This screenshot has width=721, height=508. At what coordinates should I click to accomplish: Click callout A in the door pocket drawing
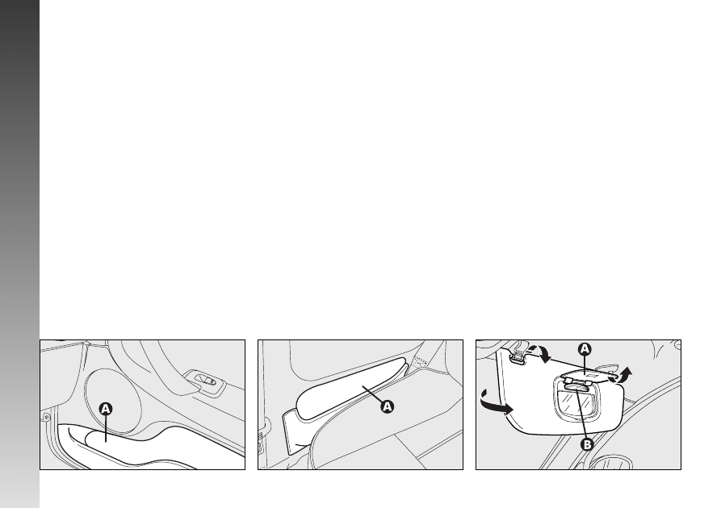coord(106,409)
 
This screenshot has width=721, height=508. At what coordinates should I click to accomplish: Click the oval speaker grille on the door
coord(113,401)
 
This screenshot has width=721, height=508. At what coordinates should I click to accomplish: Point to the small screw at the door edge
coord(46,417)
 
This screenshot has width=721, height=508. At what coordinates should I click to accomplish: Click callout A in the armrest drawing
coord(388,406)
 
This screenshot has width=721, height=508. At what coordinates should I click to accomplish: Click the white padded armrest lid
coord(352,388)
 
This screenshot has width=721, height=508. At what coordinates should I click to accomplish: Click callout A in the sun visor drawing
coord(585,349)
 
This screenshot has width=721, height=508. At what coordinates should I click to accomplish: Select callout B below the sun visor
coord(587,444)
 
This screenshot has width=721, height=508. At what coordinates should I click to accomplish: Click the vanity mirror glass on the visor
coord(576,403)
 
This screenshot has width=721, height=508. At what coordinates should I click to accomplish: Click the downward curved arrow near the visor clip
coord(542,353)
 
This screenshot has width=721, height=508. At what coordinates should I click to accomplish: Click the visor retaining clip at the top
coord(518,354)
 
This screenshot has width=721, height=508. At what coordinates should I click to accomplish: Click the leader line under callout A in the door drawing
coord(106,428)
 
